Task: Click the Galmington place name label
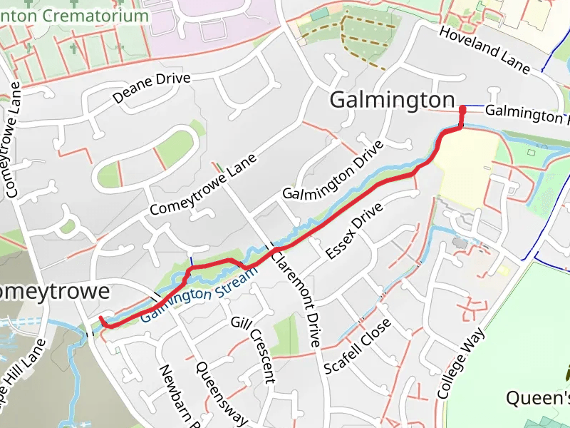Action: click(392, 101)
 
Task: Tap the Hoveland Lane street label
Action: click(484, 50)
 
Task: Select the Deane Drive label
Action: click(152, 88)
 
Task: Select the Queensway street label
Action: click(221, 392)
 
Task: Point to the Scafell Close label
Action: click(357, 347)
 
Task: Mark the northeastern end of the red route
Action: click(463, 109)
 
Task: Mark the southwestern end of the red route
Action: click(101, 318)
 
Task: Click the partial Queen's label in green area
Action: click(539, 397)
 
